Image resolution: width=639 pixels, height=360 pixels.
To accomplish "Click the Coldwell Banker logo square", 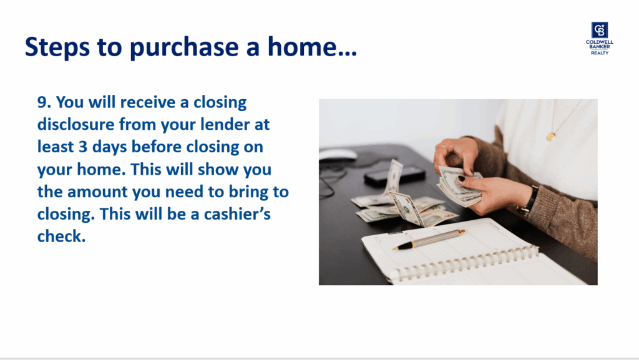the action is pyautogui.click(x=600, y=30).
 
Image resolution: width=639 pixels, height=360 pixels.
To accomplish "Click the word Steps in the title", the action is pyautogui.click(x=57, y=47).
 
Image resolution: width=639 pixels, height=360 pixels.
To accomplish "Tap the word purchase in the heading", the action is pyautogui.click(x=184, y=47).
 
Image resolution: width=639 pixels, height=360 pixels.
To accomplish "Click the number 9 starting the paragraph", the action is pyautogui.click(x=42, y=102).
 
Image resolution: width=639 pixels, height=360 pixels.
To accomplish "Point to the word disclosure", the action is pyautogui.click(x=76, y=124).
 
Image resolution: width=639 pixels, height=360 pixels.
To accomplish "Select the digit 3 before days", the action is pyautogui.click(x=83, y=147).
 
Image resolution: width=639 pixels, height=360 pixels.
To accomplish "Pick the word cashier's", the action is pyautogui.click(x=237, y=214).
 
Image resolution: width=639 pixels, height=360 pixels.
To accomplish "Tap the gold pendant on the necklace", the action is pyautogui.click(x=550, y=137).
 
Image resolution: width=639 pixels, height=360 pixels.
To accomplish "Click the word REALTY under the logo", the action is pyautogui.click(x=600, y=53).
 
